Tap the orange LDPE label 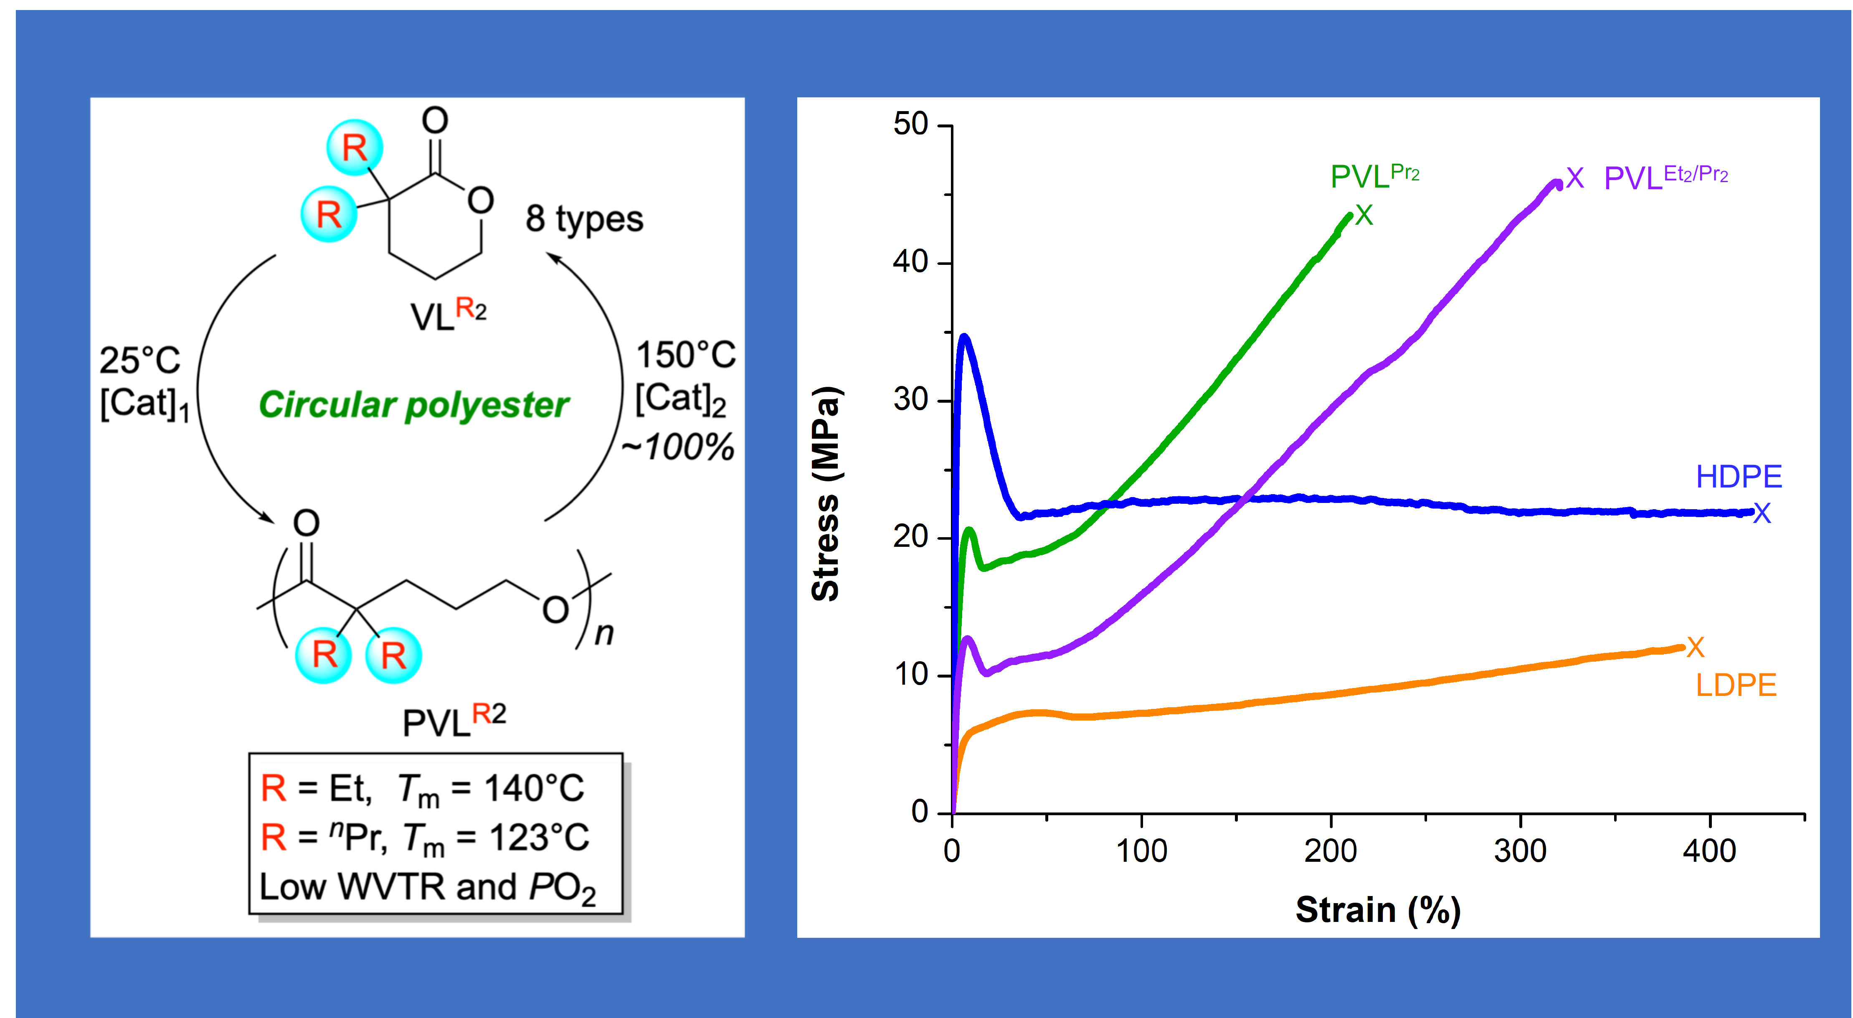[1736, 685]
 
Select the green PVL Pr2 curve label [1374, 175]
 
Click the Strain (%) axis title [1377, 910]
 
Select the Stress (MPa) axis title [826, 493]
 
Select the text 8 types [584, 219]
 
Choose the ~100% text [678, 447]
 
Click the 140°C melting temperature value [534, 789]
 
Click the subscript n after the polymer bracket [603, 634]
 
